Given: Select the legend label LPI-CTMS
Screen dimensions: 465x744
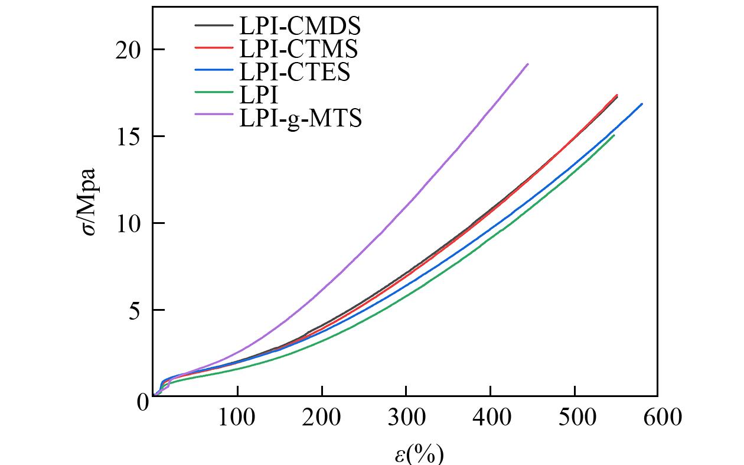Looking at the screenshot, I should coord(298,48).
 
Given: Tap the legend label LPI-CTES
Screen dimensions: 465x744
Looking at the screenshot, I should coord(295,71).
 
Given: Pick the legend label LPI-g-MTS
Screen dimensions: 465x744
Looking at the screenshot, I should coord(300,118).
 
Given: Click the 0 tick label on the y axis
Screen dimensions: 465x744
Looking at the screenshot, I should coord(142,402).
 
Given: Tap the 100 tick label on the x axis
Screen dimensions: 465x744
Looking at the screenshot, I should coord(237,418).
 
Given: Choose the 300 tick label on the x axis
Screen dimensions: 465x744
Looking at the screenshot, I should coord(406,418).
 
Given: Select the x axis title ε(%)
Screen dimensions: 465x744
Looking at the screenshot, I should coord(419,454).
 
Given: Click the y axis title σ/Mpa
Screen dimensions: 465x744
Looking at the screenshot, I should coord(90,201).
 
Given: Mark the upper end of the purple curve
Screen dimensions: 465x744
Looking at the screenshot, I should coord(527,64).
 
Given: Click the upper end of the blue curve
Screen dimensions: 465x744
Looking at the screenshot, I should coord(642,104).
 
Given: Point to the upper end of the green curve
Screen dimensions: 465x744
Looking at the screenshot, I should coord(614,135).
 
